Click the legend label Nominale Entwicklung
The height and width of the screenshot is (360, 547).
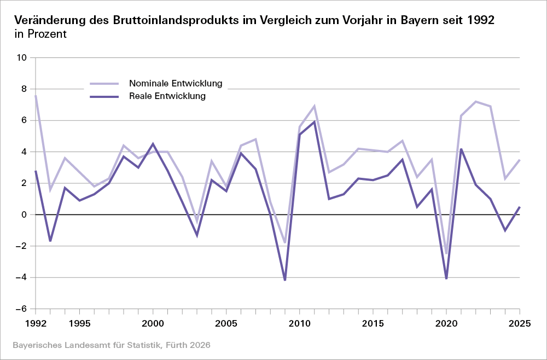175,84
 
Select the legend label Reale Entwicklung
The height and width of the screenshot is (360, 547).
167,96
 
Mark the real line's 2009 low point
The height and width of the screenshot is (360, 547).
285,280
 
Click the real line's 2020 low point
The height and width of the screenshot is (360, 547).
446,279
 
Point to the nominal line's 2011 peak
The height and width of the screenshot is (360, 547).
315,106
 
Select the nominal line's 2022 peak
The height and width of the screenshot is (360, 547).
475,101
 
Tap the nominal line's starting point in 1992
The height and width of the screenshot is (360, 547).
36,95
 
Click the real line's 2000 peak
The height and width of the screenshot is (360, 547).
153,144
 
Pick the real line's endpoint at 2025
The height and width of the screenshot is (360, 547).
519,207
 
